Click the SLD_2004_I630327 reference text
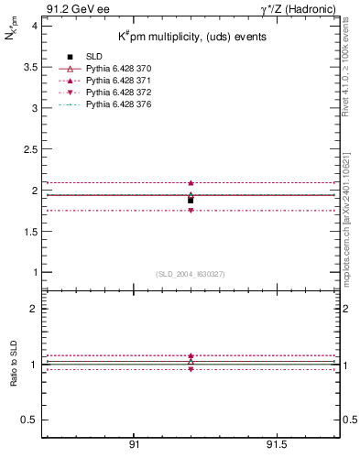click(191, 274)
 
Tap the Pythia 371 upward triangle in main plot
click(191, 183)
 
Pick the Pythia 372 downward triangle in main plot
click(191, 211)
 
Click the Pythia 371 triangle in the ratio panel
click(191, 355)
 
